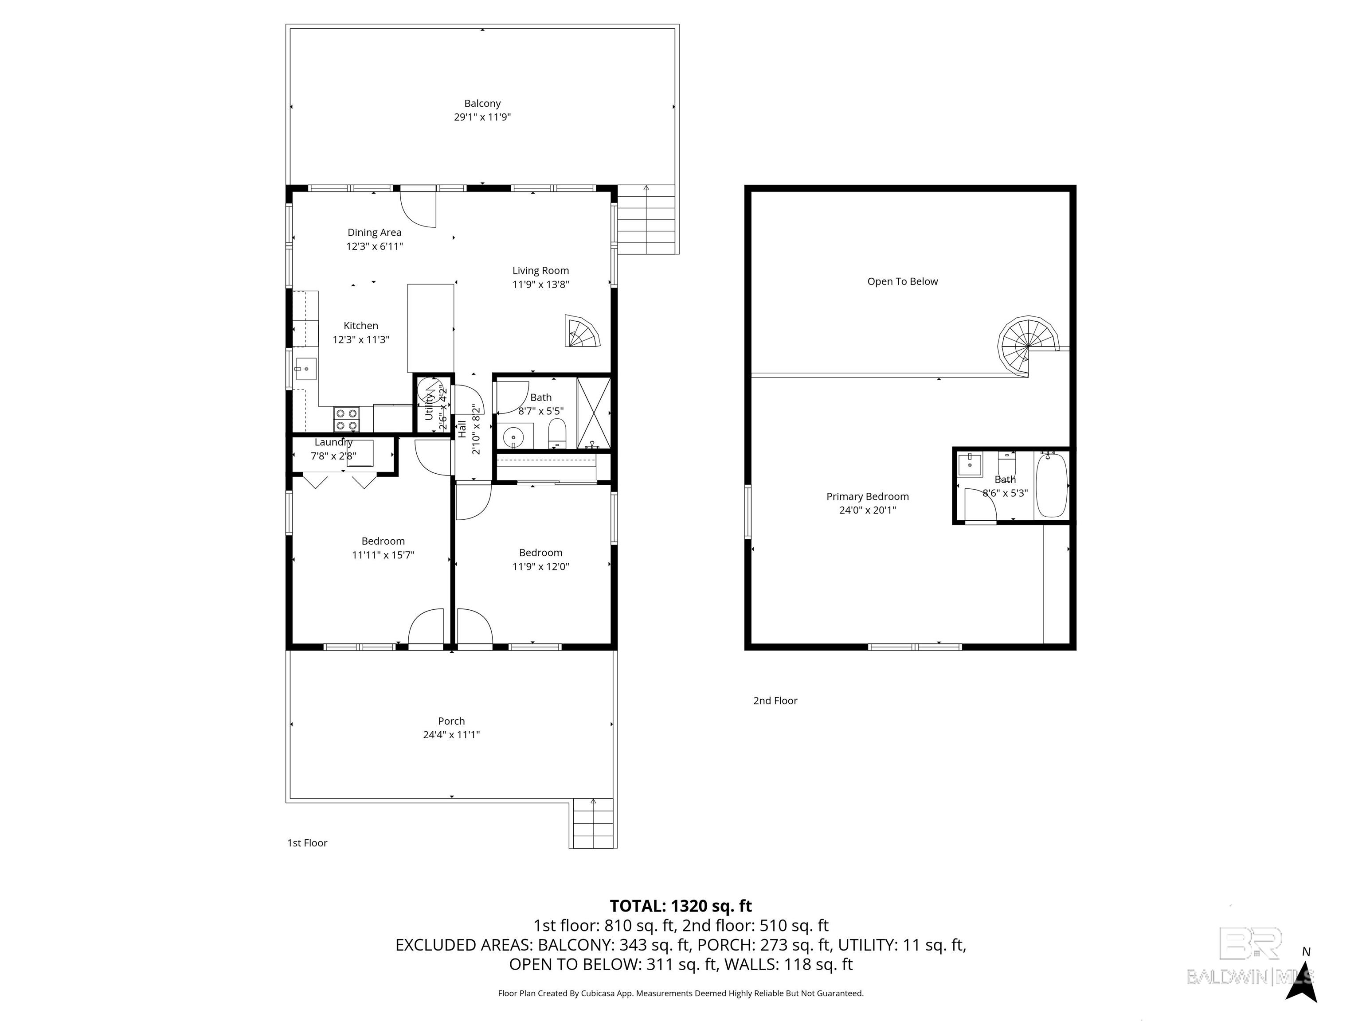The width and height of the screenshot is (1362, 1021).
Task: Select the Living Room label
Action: [540, 270]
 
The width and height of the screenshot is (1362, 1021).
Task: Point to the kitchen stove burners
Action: [346, 419]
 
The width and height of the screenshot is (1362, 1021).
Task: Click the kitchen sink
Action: [305, 369]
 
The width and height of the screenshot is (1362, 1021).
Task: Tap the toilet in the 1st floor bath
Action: [556, 433]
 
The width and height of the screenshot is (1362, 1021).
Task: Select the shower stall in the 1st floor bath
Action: [594, 413]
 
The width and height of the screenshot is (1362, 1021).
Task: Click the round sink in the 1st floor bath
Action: [513, 437]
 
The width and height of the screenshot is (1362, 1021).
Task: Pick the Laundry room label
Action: [333, 442]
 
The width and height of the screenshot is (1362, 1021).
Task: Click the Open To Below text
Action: [903, 281]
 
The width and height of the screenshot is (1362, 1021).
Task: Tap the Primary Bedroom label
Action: [868, 497]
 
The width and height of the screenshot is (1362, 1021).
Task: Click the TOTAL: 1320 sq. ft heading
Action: [681, 906]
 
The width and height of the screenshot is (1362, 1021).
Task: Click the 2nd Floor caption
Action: [775, 700]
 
